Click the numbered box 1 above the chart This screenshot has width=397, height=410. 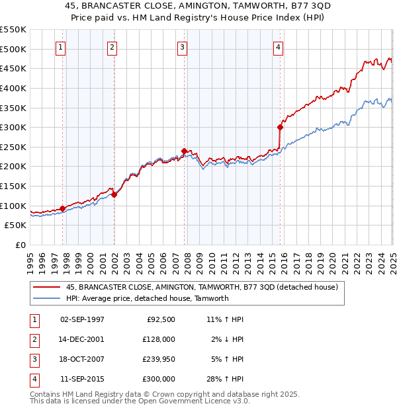(60, 47)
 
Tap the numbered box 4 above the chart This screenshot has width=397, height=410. (279, 47)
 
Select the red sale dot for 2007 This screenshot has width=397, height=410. (185, 151)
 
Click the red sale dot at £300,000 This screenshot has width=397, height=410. (281, 127)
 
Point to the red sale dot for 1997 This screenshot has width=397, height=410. (63, 208)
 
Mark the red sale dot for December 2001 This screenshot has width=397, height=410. (114, 194)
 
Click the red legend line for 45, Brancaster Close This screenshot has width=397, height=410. (46, 287)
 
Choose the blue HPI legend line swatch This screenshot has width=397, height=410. (46, 298)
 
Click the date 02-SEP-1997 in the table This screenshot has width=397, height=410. (82, 319)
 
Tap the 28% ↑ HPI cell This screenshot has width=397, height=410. (225, 379)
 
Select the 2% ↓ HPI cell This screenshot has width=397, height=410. (227, 339)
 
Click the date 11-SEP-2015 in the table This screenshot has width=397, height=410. (82, 379)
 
